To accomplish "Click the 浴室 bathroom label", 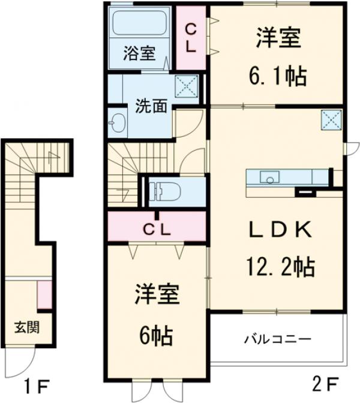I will [139, 53].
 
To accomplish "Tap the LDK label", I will [280, 229].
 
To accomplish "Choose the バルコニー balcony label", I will [277, 339].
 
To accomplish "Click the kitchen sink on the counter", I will [268, 177].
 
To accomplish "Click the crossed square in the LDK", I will [329, 119].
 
